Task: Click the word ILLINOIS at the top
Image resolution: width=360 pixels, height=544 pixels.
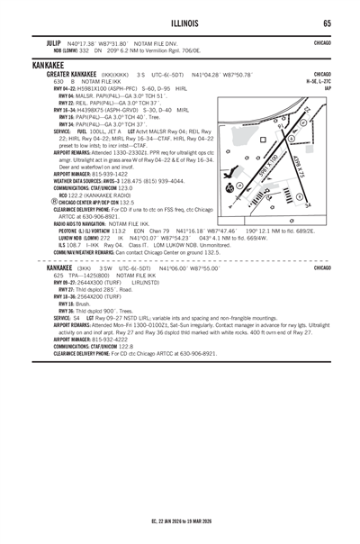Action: click(x=180, y=23)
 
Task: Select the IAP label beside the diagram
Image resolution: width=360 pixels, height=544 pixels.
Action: click(x=328, y=88)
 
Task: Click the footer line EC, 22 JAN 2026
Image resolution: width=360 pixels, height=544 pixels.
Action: click(x=180, y=521)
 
